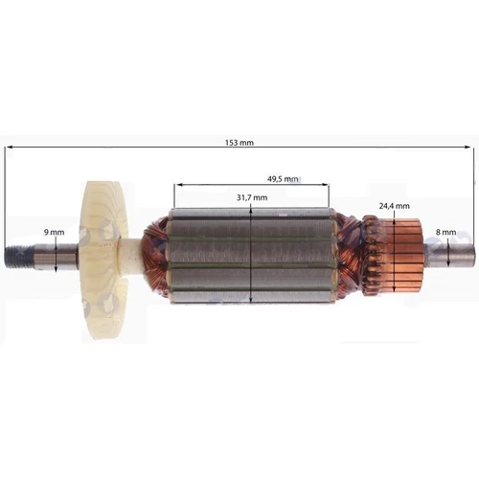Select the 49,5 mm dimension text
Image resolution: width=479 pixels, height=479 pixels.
point(284,179)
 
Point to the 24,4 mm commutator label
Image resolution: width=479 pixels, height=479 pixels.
point(394,206)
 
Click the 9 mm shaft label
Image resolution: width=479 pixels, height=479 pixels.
point(55,233)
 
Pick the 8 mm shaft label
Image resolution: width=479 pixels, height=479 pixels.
point(445,233)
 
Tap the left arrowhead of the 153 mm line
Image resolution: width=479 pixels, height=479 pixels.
point(9,148)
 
